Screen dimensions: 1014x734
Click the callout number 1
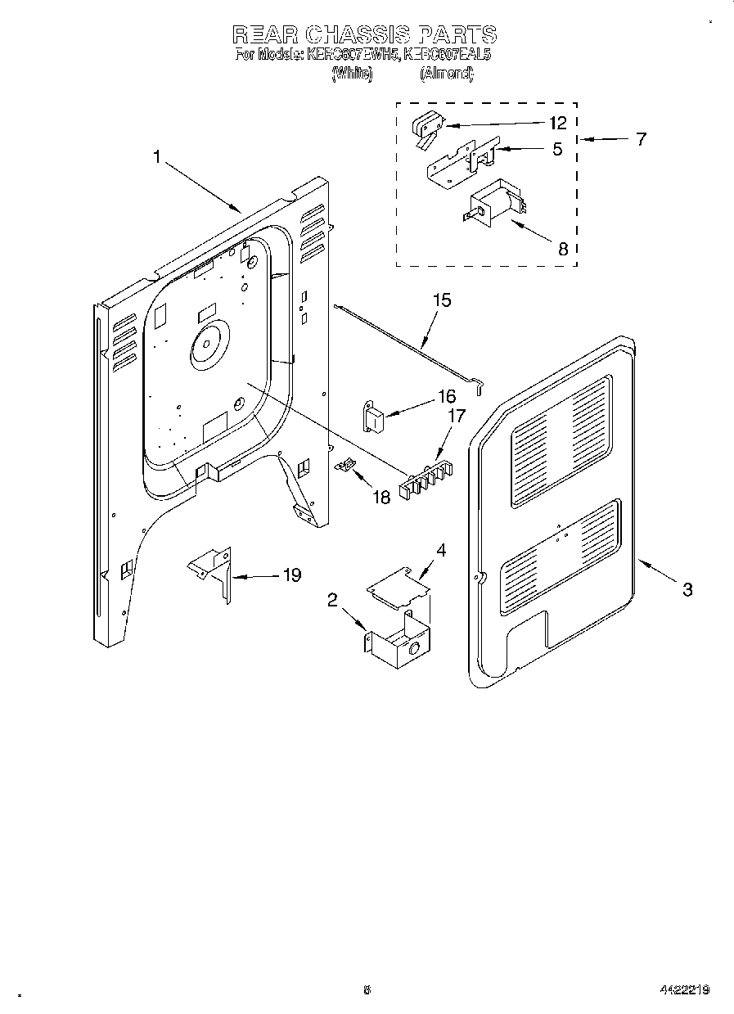pyautogui.click(x=157, y=156)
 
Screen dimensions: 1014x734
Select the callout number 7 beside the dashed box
pyautogui.click(x=640, y=139)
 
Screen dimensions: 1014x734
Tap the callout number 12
pyautogui.click(x=557, y=124)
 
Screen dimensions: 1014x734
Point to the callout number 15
pyautogui.click(x=441, y=300)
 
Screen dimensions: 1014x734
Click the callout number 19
pyautogui.click(x=290, y=575)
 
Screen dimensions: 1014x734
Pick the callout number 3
pyautogui.click(x=687, y=588)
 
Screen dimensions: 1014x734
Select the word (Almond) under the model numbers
pyautogui.click(x=446, y=74)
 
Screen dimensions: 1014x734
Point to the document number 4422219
pyautogui.click(x=684, y=989)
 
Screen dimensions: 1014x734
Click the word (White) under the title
pyautogui.click(x=352, y=74)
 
